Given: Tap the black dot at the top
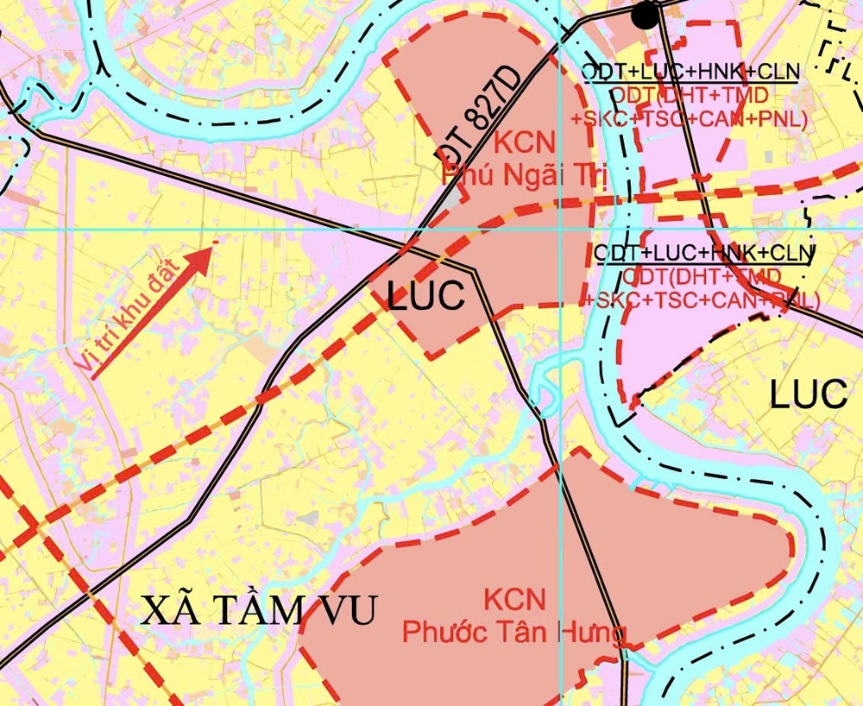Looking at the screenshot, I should tap(644, 15).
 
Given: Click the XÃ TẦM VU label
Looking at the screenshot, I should tap(259, 611).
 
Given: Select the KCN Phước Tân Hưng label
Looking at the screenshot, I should tap(514, 616).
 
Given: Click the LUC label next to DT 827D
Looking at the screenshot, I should tap(426, 296).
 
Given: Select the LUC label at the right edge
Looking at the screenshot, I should tap(809, 394).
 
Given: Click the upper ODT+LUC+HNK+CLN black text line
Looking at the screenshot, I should tap(690, 72).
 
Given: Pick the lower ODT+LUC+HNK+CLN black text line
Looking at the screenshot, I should tap(704, 253).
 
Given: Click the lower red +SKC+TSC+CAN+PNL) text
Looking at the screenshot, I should tap(702, 300).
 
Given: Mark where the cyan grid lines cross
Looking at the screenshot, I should tap(560, 230).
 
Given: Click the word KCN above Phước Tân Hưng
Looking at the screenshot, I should tap(514, 599).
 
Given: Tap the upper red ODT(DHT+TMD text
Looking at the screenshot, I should tap(690, 96).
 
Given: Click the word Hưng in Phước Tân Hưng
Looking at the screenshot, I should tap(592, 634).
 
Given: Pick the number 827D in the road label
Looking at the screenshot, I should tap(493, 98).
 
